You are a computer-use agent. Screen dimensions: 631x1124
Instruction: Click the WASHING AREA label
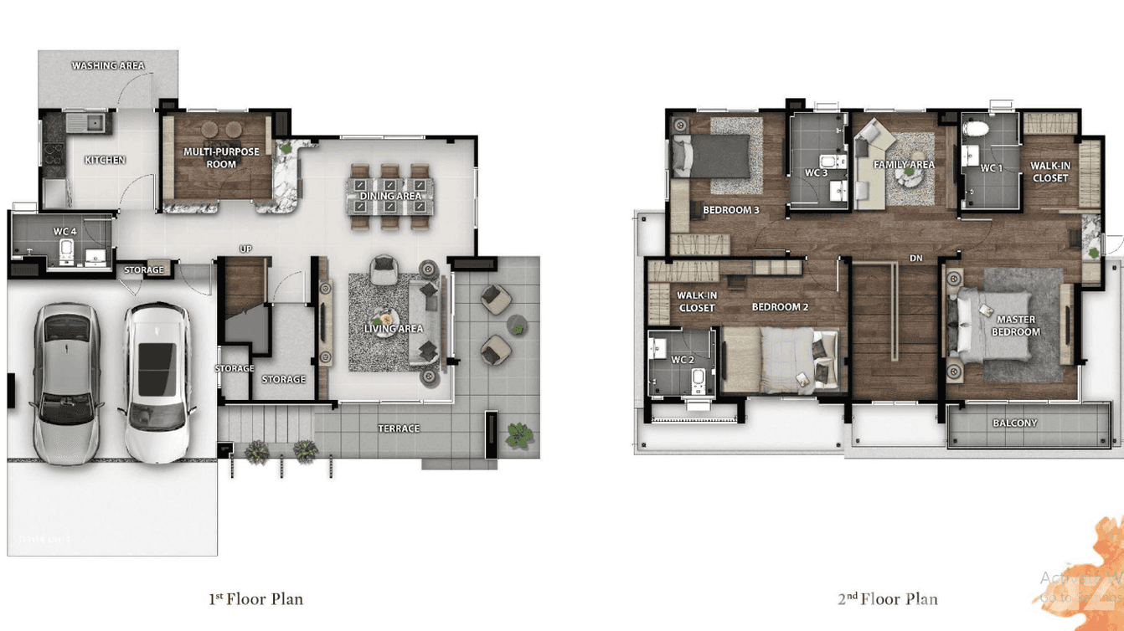click(108, 65)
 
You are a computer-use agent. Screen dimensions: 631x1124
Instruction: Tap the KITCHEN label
click(106, 160)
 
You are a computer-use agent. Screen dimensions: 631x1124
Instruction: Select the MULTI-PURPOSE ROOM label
click(222, 157)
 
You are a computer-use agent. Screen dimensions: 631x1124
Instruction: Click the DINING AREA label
click(390, 197)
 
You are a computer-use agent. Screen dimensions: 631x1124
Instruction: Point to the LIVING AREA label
click(394, 329)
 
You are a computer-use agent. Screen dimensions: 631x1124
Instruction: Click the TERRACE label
click(399, 428)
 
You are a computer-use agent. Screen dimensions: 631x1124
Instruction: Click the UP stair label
click(245, 249)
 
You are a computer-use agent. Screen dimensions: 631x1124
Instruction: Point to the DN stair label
click(916, 259)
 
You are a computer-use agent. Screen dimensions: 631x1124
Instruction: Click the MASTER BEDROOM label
click(1015, 326)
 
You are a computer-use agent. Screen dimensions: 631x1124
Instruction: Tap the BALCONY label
click(1015, 423)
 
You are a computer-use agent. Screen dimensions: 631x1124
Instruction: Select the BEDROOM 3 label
click(730, 210)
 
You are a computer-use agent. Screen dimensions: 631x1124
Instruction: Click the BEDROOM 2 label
click(780, 307)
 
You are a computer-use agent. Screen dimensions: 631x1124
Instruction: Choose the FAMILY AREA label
click(904, 165)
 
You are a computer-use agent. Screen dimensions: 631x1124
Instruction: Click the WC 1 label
click(992, 169)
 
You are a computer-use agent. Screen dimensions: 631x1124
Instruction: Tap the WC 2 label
click(683, 360)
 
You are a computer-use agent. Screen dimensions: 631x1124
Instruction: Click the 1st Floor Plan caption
click(255, 599)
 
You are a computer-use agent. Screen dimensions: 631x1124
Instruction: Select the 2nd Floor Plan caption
click(888, 599)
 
